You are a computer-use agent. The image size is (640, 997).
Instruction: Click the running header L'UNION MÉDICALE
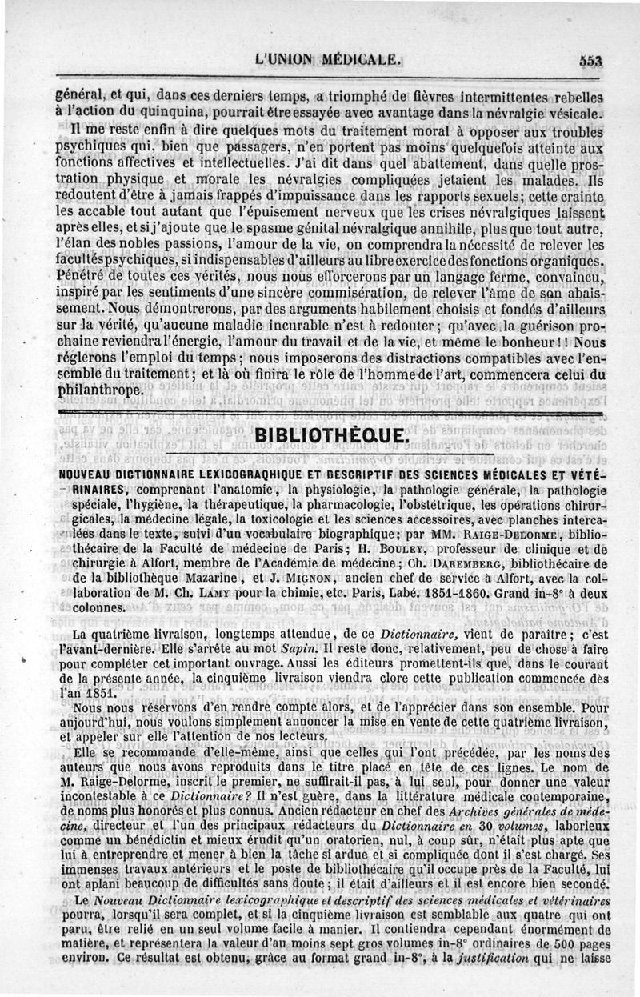point(326,58)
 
